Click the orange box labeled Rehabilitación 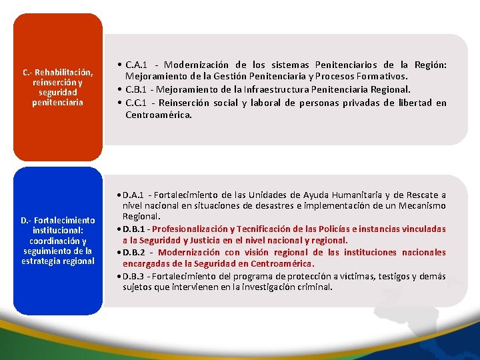[57, 87]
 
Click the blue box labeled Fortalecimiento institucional [57, 241]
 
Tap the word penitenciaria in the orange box [57, 103]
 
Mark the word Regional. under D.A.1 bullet [141, 217]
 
